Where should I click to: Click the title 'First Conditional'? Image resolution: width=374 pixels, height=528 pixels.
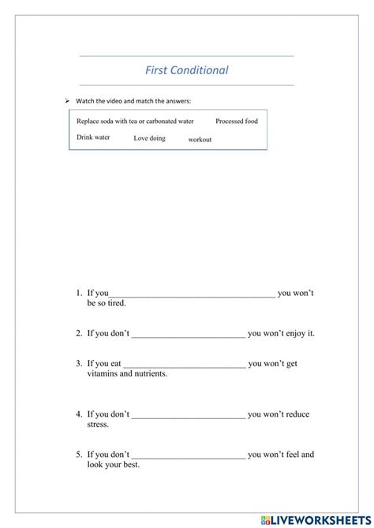click(187, 70)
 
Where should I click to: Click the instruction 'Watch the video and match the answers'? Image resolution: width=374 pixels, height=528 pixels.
click(133, 101)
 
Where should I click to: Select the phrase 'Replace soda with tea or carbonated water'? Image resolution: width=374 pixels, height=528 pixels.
click(135, 122)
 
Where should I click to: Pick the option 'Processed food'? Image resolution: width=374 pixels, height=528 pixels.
click(237, 122)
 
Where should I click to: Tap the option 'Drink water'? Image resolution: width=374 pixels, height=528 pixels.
click(93, 137)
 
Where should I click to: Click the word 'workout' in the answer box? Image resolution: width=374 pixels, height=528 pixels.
click(200, 140)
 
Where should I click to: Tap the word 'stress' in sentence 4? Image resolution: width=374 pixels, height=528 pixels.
click(97, 425)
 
